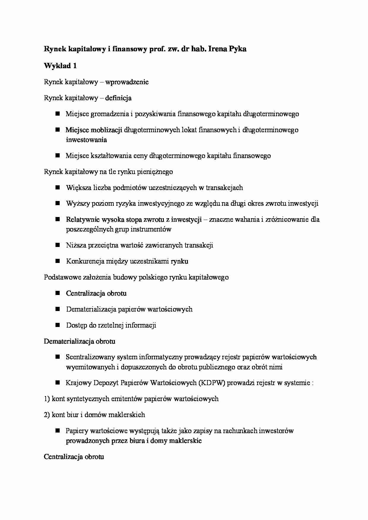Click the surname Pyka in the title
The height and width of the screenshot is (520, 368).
point(236,49)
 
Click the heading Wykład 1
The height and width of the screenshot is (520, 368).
point(60,66)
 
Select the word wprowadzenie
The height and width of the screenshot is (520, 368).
point(127,82)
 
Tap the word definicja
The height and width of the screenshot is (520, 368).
point(118,98)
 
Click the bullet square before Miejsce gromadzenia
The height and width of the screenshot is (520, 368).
point(58,114)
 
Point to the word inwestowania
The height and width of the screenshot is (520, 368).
point(86,140)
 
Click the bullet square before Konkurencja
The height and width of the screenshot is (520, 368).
point(58,261)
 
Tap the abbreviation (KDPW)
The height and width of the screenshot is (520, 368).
point(212,383)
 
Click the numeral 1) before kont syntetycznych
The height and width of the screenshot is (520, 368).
point(47,399)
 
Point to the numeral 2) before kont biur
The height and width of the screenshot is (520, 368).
point(47,415)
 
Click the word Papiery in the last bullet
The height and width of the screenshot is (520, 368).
point(77,431)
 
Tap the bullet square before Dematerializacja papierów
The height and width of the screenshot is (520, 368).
point(58,309)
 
